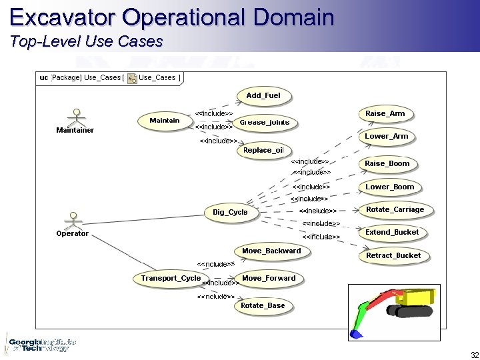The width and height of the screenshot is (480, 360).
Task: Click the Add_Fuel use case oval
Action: tap(263, 96)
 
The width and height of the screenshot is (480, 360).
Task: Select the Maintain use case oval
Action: tap(165, 121)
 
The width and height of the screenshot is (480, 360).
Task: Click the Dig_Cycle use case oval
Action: tap(230, 213)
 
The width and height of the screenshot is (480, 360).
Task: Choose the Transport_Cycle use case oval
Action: tap(171, 279)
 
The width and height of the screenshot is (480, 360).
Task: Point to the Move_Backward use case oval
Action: tap(271, 251)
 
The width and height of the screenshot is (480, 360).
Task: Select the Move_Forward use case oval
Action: tap(269, 279)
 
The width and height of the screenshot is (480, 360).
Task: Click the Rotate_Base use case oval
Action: tap(263, 306)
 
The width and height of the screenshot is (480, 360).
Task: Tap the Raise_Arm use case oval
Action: tap(385, 114)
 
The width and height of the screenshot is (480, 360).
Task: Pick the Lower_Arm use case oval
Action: tap(386, 137)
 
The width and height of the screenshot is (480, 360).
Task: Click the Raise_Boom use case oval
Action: tap(387, 164)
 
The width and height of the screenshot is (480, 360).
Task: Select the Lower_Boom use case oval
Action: tap(389, 187)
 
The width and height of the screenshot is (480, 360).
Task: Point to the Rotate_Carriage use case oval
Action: tap(395, 210)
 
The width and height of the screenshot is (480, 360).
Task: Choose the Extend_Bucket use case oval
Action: tap(392, 233)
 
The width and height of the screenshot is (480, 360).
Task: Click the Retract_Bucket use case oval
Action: tap(393, 256)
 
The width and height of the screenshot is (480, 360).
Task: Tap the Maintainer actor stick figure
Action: tap(76, 116)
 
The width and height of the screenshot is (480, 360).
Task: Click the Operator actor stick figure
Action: tap(72, 219)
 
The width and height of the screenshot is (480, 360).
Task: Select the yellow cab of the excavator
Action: tap(422, 296)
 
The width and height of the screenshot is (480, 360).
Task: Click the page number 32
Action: tap(475, 354)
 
